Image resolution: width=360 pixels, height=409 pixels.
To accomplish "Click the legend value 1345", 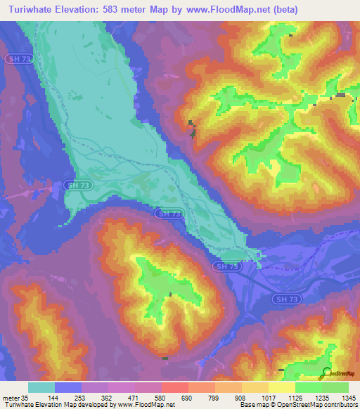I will (x=349, y=397).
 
